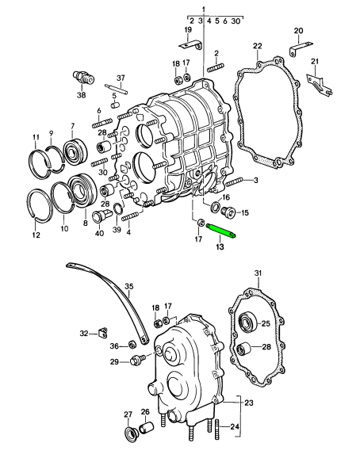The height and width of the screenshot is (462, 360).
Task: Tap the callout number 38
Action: coord(82,95)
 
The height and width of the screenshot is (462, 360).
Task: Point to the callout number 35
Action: coord(129,286)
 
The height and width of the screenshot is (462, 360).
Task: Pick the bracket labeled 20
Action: coord(301,48)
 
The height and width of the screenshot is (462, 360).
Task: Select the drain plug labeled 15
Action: coord(228,212)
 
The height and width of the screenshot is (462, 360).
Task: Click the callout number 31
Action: coord(258,273)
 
